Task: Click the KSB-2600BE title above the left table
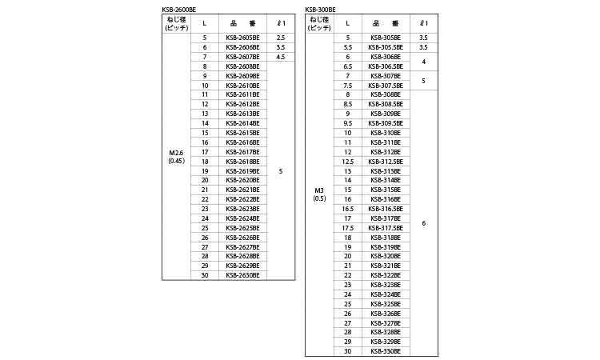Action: [179, 9]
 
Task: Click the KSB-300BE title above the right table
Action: [320, 9]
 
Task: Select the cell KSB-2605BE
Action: [242, 38]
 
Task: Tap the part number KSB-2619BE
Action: [242, 170]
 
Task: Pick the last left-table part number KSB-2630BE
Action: [242, 274]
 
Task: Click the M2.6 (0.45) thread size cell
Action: [176, 156]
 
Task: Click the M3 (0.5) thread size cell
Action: [319, 194]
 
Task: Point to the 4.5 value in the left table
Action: [280, 57]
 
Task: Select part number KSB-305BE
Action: [386, 38]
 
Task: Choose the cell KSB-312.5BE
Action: [386, 161]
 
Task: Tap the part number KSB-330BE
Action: [386, 351]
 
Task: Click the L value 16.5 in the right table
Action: [348, 208]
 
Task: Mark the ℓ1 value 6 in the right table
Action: [423, 222]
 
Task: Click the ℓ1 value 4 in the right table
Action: [423, 62]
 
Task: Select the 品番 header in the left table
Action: [242, 23]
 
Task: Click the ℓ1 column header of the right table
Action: [423, 23]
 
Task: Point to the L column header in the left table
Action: [205, 23]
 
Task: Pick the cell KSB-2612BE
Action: [242, 104]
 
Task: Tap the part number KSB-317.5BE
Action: [386, 227]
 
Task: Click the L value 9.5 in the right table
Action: [348, 123]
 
